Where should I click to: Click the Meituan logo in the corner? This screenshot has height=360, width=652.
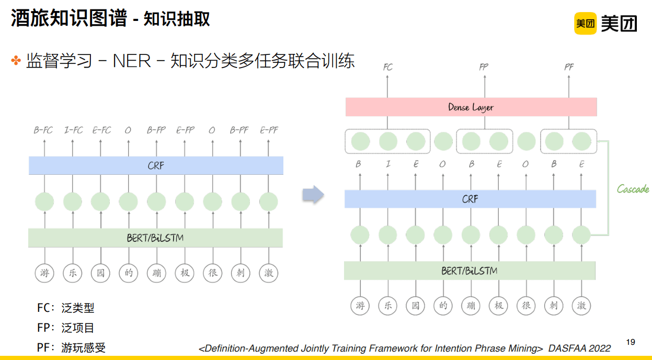point(605,23)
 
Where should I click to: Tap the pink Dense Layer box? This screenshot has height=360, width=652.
point(471,107)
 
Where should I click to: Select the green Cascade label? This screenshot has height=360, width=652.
point(633,189)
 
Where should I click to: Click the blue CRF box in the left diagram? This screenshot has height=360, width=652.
point(156,166)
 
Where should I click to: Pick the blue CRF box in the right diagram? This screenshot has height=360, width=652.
point(470,199)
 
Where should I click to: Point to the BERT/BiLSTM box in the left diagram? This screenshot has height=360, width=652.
point(155,238)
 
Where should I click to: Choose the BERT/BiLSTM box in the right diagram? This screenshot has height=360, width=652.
point(470,271)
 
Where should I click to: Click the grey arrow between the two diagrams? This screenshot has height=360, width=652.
point(313,195)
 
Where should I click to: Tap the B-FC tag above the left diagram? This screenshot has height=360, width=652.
point(43,130)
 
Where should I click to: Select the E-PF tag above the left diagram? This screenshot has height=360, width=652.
point(269,130)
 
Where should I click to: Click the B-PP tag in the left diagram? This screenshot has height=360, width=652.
point(156,130)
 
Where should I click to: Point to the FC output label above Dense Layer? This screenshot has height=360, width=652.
point(387,67)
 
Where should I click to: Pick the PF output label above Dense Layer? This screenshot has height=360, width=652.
point(568,67)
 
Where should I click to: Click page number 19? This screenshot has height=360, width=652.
point(630,342)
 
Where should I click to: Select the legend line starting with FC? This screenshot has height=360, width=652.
point(65,308)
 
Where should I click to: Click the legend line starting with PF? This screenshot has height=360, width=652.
point(71,347)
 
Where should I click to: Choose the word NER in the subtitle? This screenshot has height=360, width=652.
point(132,61)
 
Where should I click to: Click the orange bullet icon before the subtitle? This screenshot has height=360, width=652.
point(16,61)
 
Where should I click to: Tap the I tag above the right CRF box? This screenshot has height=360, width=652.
point(388,164)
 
